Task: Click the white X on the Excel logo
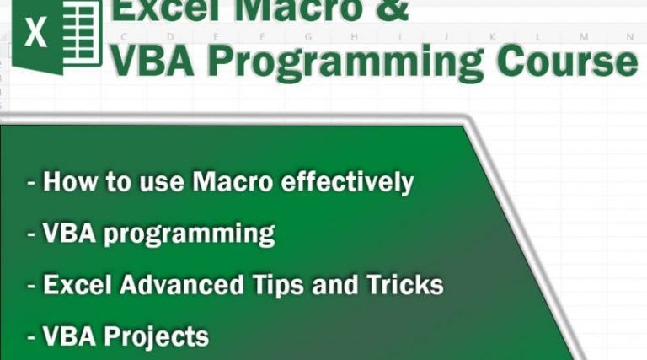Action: click(35, 35)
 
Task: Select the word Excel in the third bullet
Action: click(77, 284)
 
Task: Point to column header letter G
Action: click(308, 37)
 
